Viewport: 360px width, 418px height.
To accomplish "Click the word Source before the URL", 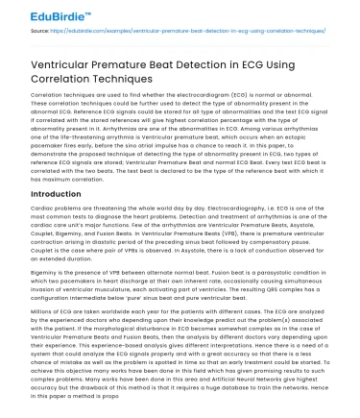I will point(39,31).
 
